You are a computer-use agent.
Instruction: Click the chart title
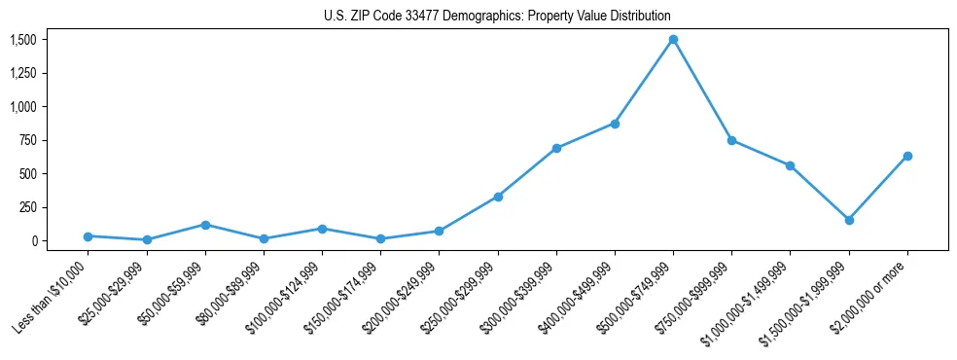click(x=497, y=17)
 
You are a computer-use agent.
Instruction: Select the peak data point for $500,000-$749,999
click(x=673, y=40)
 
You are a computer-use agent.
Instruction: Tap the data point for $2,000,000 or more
click(x=907, y=156)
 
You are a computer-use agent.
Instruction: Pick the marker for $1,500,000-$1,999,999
click(x=849, y=220)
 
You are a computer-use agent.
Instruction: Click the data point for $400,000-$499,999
click(x=615, y=124)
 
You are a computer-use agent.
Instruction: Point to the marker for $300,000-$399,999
click(x=556, y=148)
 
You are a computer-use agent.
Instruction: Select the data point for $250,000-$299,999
click(x=498, y=197)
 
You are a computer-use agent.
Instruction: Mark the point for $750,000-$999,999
click(x=731, y=140)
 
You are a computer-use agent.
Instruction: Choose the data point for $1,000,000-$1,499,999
click(x=790, y=165)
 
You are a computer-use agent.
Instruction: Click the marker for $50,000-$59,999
click(x=205, y=225)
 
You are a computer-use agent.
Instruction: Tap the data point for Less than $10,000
click(x=89, y=236)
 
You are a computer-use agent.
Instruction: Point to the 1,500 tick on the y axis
click(x=23, y=40)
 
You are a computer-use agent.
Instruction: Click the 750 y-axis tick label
click(x=28, y=140)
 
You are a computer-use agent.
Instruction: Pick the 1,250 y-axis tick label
click(x=23, y=73)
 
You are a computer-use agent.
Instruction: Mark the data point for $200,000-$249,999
click(x=440, y=232)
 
